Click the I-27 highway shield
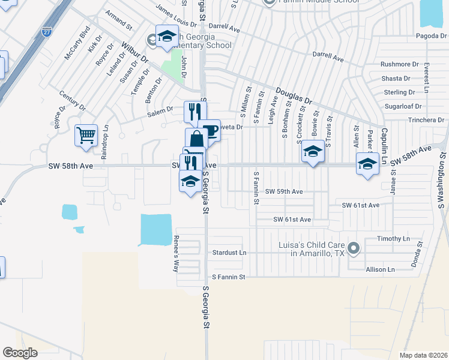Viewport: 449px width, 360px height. [46, 32]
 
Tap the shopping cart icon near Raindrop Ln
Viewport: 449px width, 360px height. [86, 135]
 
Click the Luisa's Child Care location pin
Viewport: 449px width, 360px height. [354, 247]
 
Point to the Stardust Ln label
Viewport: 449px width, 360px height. [229, 253]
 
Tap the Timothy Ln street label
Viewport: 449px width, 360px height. [393, 239]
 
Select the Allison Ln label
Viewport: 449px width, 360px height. [380, 270]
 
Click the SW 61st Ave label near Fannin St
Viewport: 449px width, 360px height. [292, 220]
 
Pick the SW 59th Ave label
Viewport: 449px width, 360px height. [284, 191]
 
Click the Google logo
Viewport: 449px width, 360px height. [20, 353]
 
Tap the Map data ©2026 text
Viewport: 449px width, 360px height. [423, 355]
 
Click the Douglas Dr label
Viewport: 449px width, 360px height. [294, 96]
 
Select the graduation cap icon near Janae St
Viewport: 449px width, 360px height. [367, 163]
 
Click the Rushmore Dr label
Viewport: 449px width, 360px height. [399, 64]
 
